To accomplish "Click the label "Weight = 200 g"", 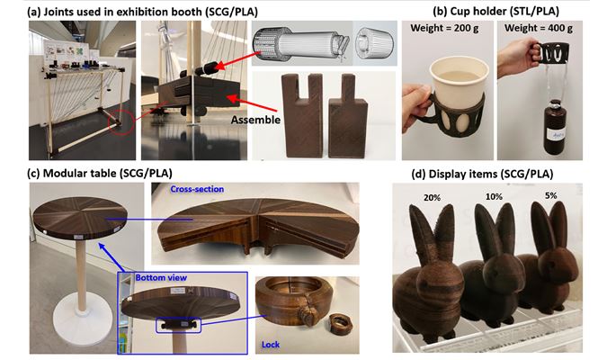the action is [444, 28].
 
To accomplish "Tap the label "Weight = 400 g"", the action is [539, 28].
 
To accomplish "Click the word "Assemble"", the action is [255, 120].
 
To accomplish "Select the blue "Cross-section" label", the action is [197, 189].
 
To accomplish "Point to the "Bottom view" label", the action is [161, 277].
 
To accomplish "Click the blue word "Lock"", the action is [271, 345].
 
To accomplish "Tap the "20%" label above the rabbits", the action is [432, 198].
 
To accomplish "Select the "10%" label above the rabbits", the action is [494, 196].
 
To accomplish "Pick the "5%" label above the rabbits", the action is [550, 195].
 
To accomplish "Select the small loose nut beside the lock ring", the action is [339, 323].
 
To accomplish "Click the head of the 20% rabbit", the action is [435, 277].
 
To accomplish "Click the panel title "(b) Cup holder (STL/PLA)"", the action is [495, 12].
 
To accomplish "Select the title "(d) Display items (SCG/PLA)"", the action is [482, 174].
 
